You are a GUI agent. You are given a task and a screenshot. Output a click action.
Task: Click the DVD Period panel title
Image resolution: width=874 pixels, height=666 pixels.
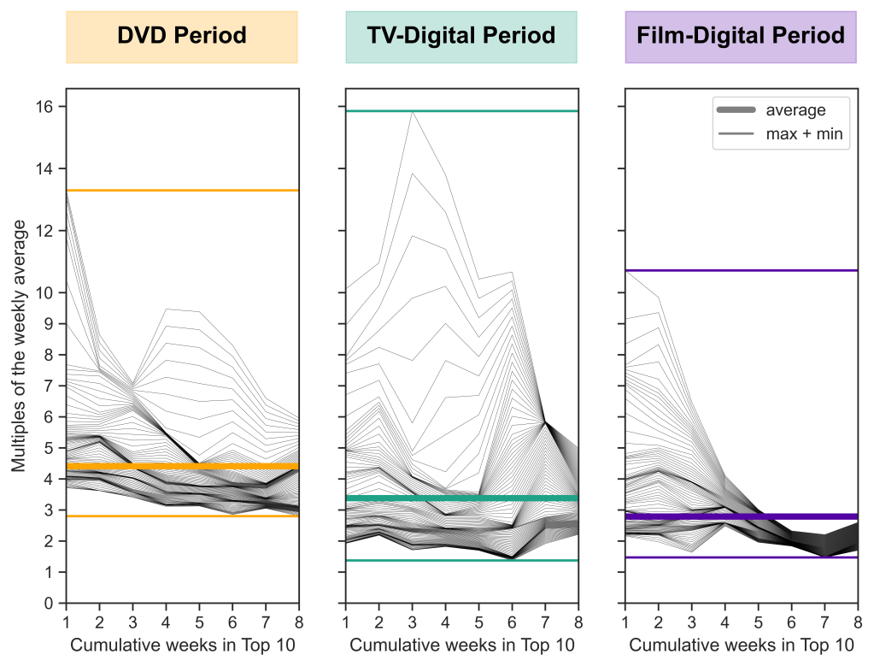[182, 36]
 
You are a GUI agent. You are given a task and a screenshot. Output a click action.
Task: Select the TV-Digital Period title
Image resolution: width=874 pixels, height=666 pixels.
[461, 36]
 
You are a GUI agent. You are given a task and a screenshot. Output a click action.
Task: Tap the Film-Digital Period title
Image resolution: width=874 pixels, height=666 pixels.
[741, 36]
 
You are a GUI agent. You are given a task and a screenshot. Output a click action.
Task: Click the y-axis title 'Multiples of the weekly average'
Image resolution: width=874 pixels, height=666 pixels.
[19, 346]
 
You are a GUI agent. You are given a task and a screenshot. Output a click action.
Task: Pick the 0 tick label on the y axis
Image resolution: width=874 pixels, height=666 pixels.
[49, 604]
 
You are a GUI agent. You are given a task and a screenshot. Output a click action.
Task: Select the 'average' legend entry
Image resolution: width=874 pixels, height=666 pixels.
[795, 110]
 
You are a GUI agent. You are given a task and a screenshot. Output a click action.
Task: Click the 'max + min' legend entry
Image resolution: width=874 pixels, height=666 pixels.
[804, 134]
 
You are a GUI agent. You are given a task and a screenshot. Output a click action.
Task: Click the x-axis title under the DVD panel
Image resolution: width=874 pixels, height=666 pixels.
[182, 645]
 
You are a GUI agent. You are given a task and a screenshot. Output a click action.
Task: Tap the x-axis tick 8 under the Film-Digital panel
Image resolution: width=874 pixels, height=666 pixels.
[857, 620]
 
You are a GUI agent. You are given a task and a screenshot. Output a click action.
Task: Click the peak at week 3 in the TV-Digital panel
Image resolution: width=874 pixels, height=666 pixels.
[413, 112]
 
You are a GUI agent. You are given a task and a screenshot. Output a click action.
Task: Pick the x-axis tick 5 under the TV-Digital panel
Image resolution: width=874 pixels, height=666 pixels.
[478, 620]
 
